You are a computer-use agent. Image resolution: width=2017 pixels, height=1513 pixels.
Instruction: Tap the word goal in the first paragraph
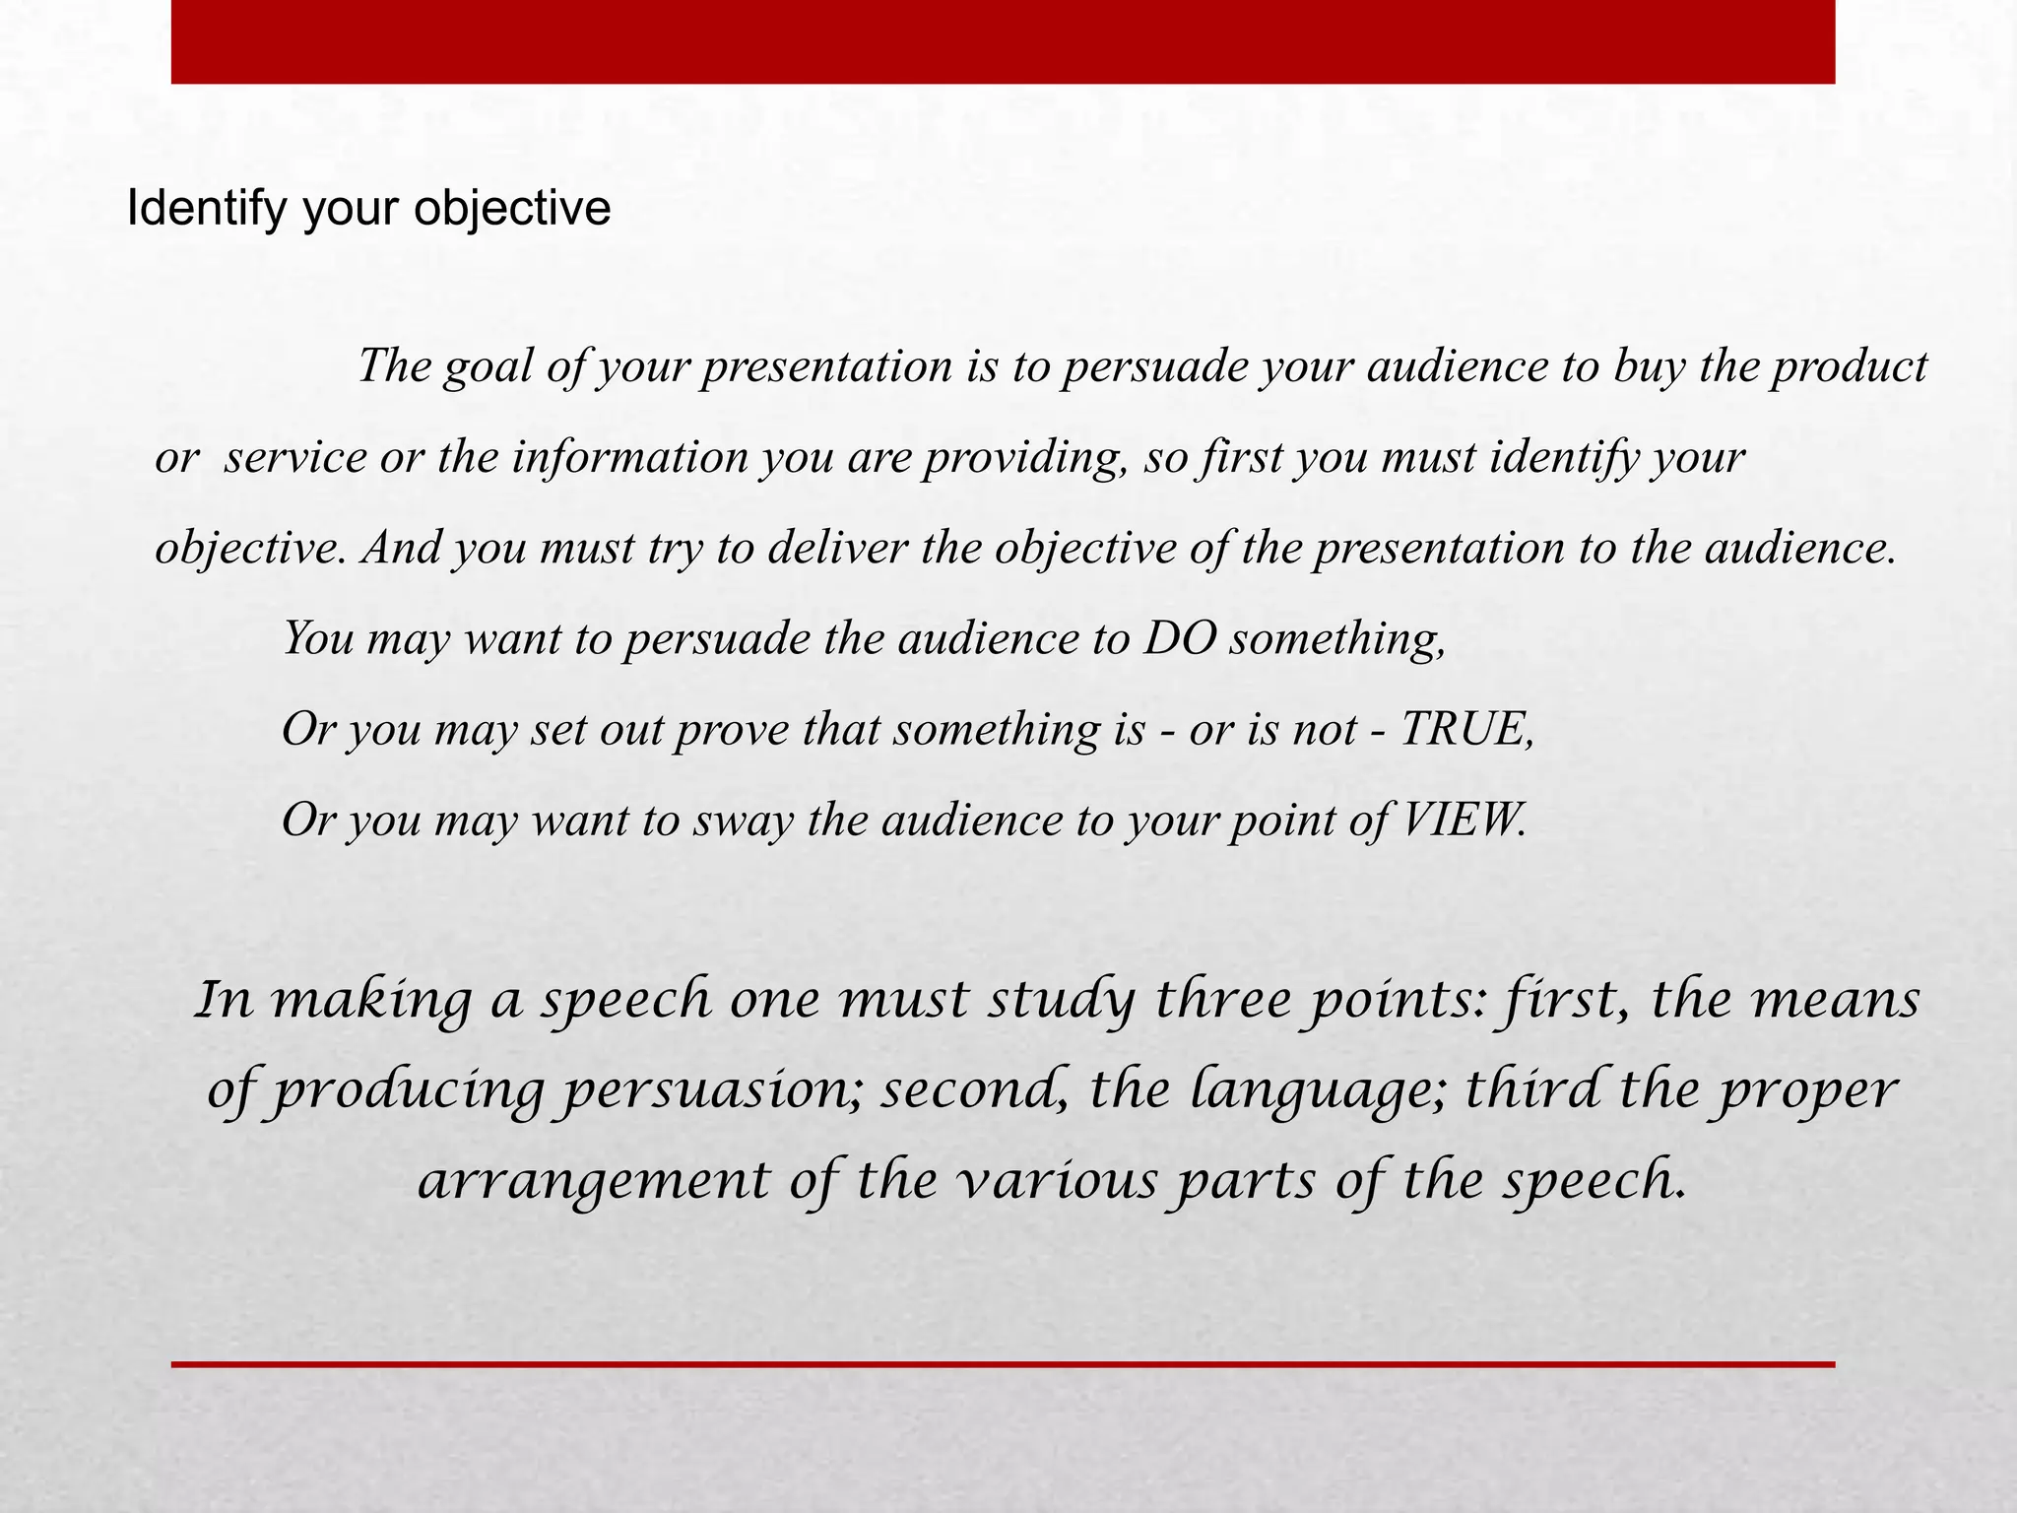(x=484, y=367)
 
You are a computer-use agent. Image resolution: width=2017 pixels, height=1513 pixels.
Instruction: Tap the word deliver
(x=836, y=549)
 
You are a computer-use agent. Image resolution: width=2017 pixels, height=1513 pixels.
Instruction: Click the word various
(x=1057, y=1180)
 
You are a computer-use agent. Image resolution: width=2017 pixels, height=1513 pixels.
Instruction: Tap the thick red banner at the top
(x=1003, y=41)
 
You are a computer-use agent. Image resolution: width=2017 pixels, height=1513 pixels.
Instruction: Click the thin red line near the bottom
(x=1003, y=1364)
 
